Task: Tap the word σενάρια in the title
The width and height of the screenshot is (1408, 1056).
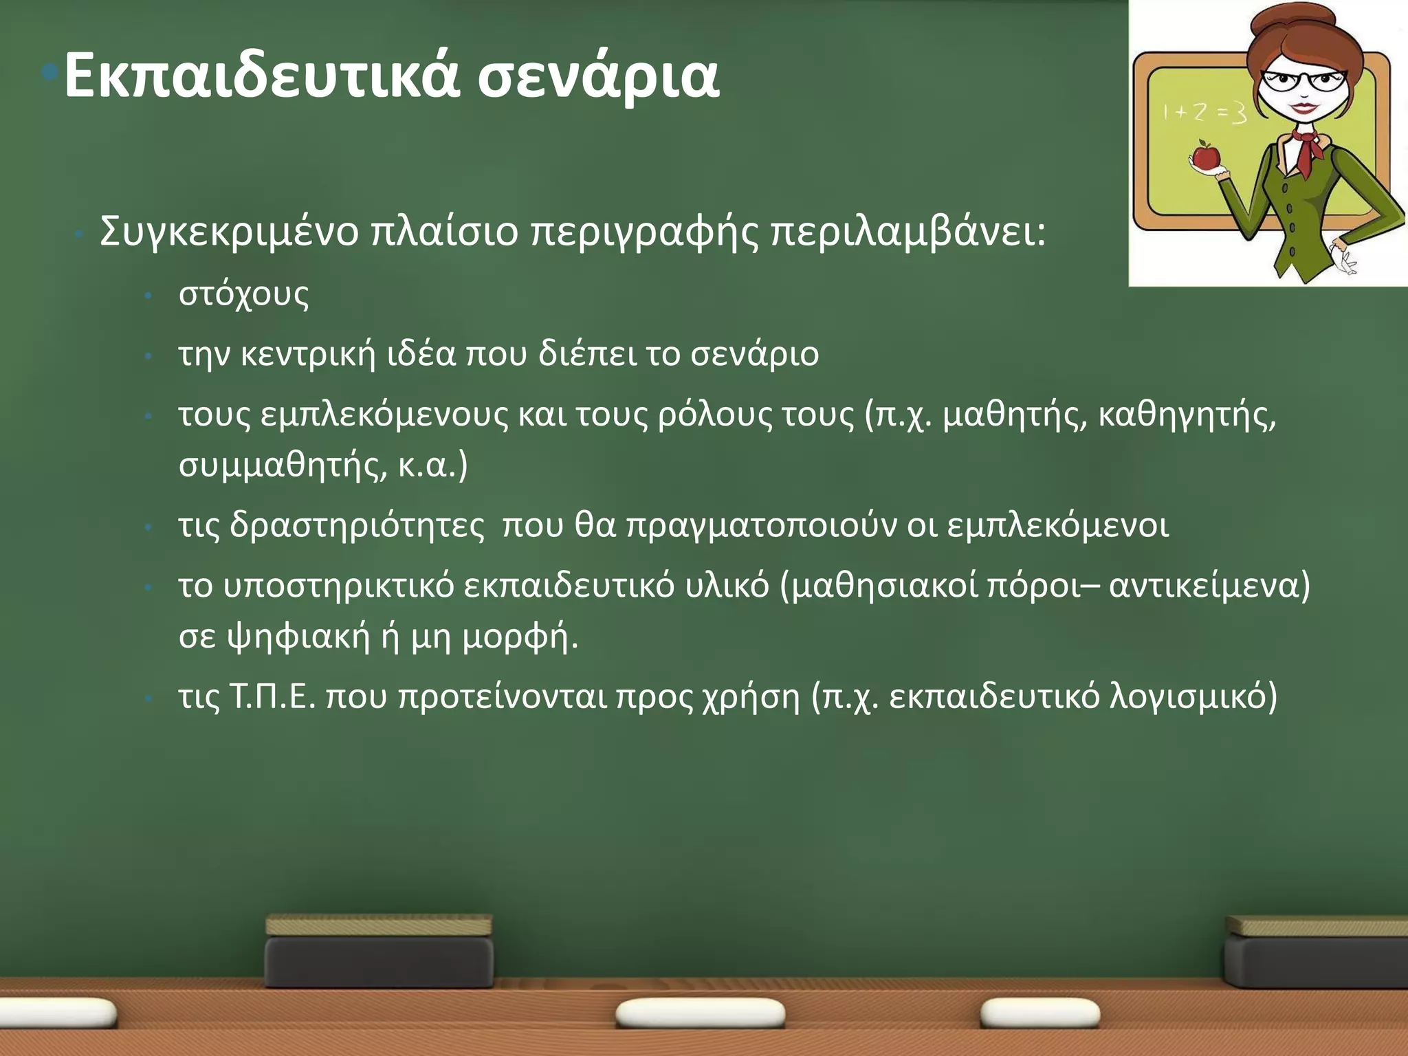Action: (598, 77)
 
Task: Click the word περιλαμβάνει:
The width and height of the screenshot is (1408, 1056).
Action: (907, 232)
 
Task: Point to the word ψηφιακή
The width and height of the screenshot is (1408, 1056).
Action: (299, 637)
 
